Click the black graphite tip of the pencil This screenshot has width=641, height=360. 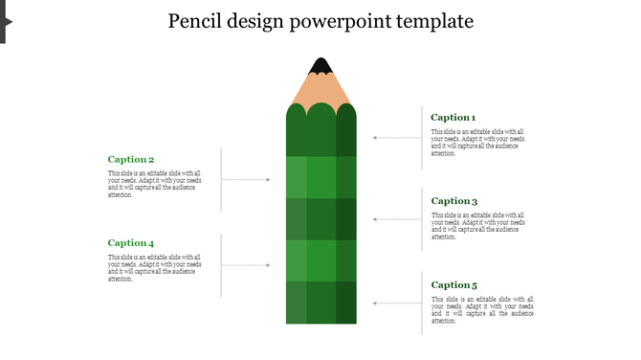coord(320,66)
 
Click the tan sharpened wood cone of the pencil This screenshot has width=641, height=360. coord(320,89)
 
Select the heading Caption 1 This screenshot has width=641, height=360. coord(453,118)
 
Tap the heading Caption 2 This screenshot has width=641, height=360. coord(131,160)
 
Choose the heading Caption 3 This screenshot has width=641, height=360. coord(453,201)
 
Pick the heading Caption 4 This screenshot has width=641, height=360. coord(131,243)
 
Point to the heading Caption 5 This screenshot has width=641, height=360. coord(453,285)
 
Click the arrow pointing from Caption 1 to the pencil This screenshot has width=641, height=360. coord(397,138)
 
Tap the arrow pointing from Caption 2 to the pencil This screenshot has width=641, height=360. coord(246,180)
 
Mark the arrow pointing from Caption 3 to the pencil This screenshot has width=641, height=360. coord(397,219)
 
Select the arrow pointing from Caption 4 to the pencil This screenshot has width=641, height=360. coord(246,265)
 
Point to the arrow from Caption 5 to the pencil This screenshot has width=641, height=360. coord(397,304)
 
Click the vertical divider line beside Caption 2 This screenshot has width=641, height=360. coord(222,179)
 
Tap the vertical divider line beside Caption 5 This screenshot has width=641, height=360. coord(423,304)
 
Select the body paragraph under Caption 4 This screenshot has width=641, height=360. coord(154,268)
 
